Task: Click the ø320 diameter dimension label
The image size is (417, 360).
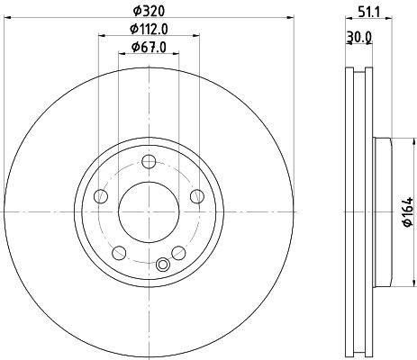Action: pyautogui.click(x=150, y=11)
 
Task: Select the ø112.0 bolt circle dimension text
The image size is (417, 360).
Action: pyautogui.click(x=149, y=29)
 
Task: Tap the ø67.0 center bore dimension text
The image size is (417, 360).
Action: pyautogui.click(x=149, y=48)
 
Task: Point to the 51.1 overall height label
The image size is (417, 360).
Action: pyautogui.click(x=369, y=13)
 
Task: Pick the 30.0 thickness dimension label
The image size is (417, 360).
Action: pyautogui.click(x=359, y=37)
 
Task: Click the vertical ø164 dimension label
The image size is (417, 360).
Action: pyautogui.click(x=408, y=211)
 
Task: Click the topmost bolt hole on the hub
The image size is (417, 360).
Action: pyautogui.click(x=149, y=162)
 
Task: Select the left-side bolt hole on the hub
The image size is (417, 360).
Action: pyautogui.click(x=101, y=196)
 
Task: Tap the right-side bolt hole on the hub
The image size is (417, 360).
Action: pyautogui.click(x=197, y=196)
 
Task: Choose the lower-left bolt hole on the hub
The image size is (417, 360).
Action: pyautogui.click(x=119, y=253)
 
